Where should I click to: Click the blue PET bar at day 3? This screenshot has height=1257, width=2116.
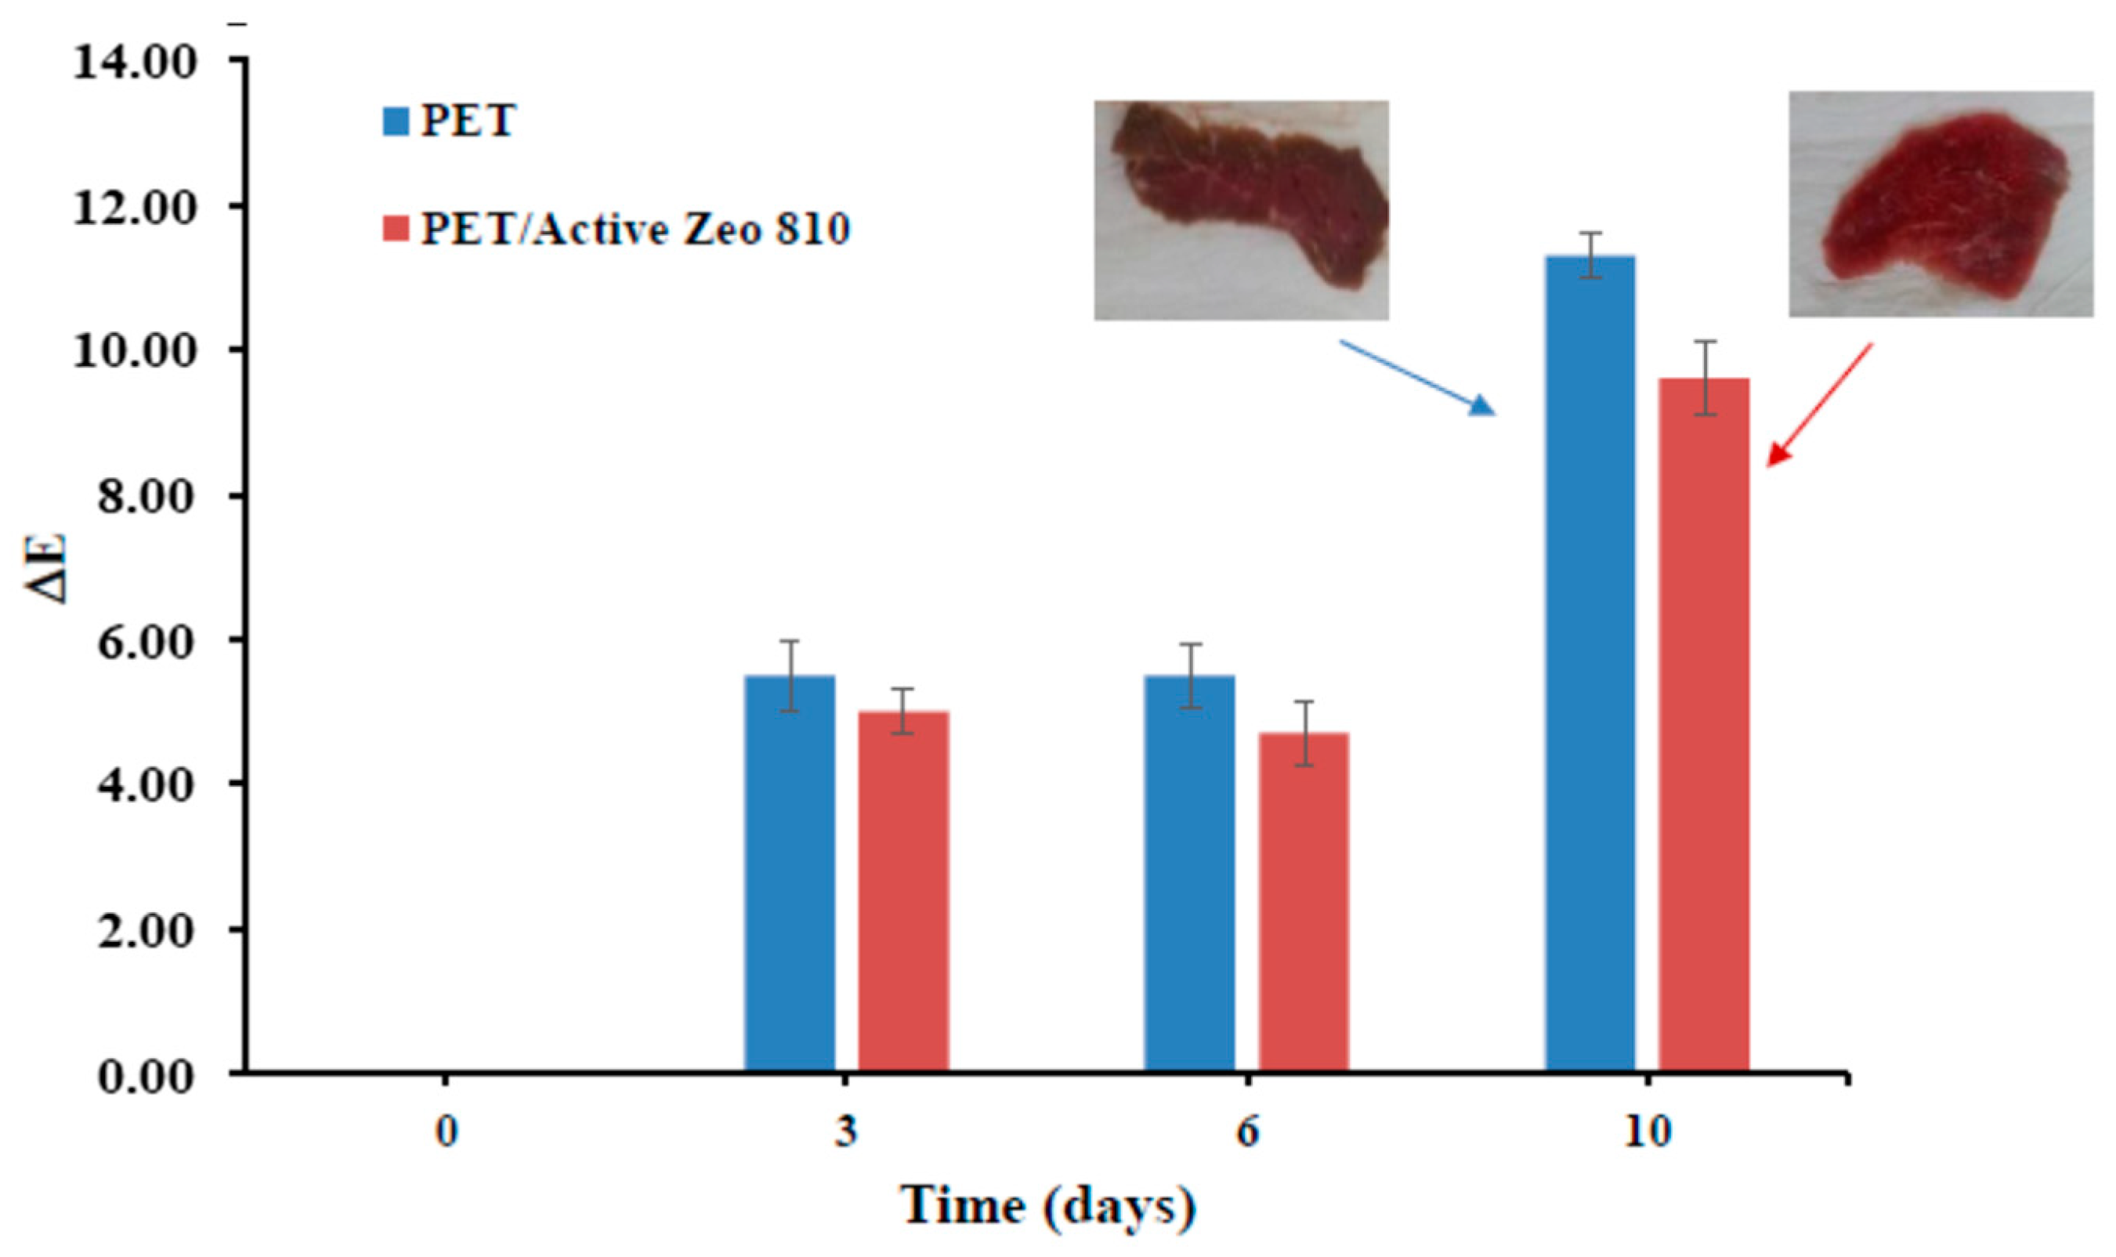coord(789,872)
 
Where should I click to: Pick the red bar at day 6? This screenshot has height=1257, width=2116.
coord(1303,901)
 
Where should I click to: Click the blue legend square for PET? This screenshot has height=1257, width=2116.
coord(396,121)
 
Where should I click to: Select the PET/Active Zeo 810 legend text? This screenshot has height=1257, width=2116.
coord(635,230)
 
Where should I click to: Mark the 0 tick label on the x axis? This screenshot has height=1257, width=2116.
coord(447,1132)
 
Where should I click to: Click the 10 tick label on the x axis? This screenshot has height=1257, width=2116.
coord(1647,1132)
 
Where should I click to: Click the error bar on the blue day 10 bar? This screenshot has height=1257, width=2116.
coord(1592,254)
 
